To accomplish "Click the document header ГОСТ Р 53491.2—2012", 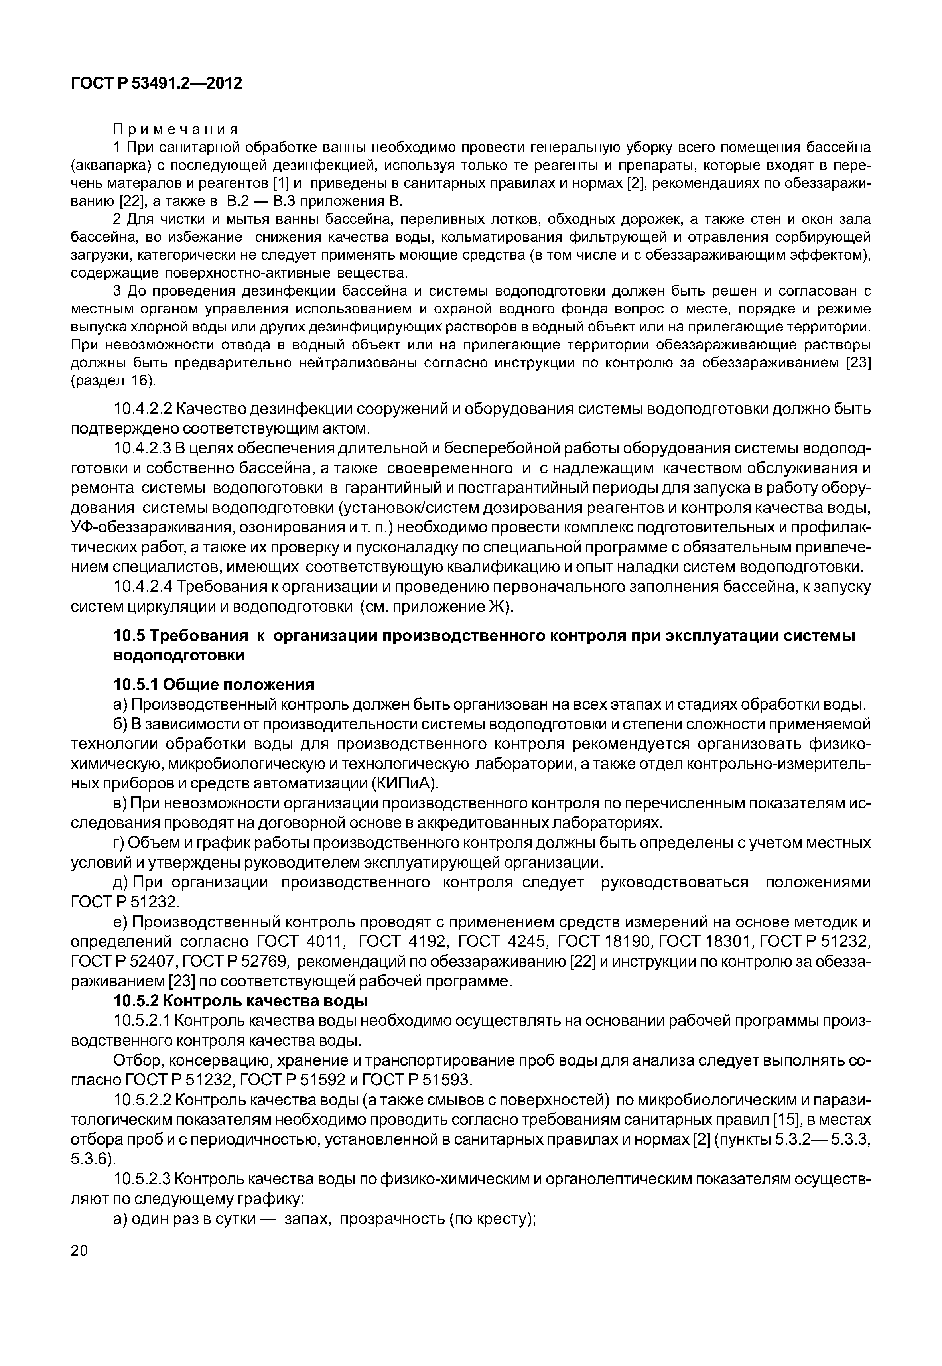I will [156, 83].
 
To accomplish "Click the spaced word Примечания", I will [175, 129].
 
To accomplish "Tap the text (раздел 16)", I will [113, 381].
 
